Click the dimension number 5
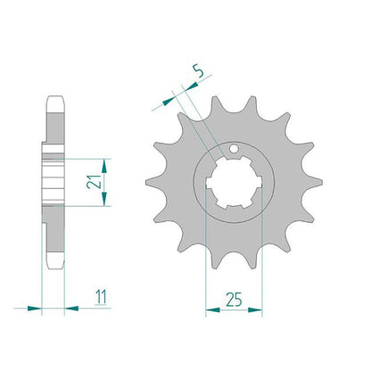click(x=199, y=71)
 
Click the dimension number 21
click(x=93, y=181)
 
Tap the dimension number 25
click(x=234, y=300)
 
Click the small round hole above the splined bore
click(x=234, y=148)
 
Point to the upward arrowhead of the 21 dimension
click(x=103, y=166)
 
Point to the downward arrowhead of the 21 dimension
click(x=103, y=199)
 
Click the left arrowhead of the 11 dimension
click(x=34, y=309)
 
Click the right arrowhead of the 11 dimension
click(x=71, y=309)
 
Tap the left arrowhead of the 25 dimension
click(x=212, y=310)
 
